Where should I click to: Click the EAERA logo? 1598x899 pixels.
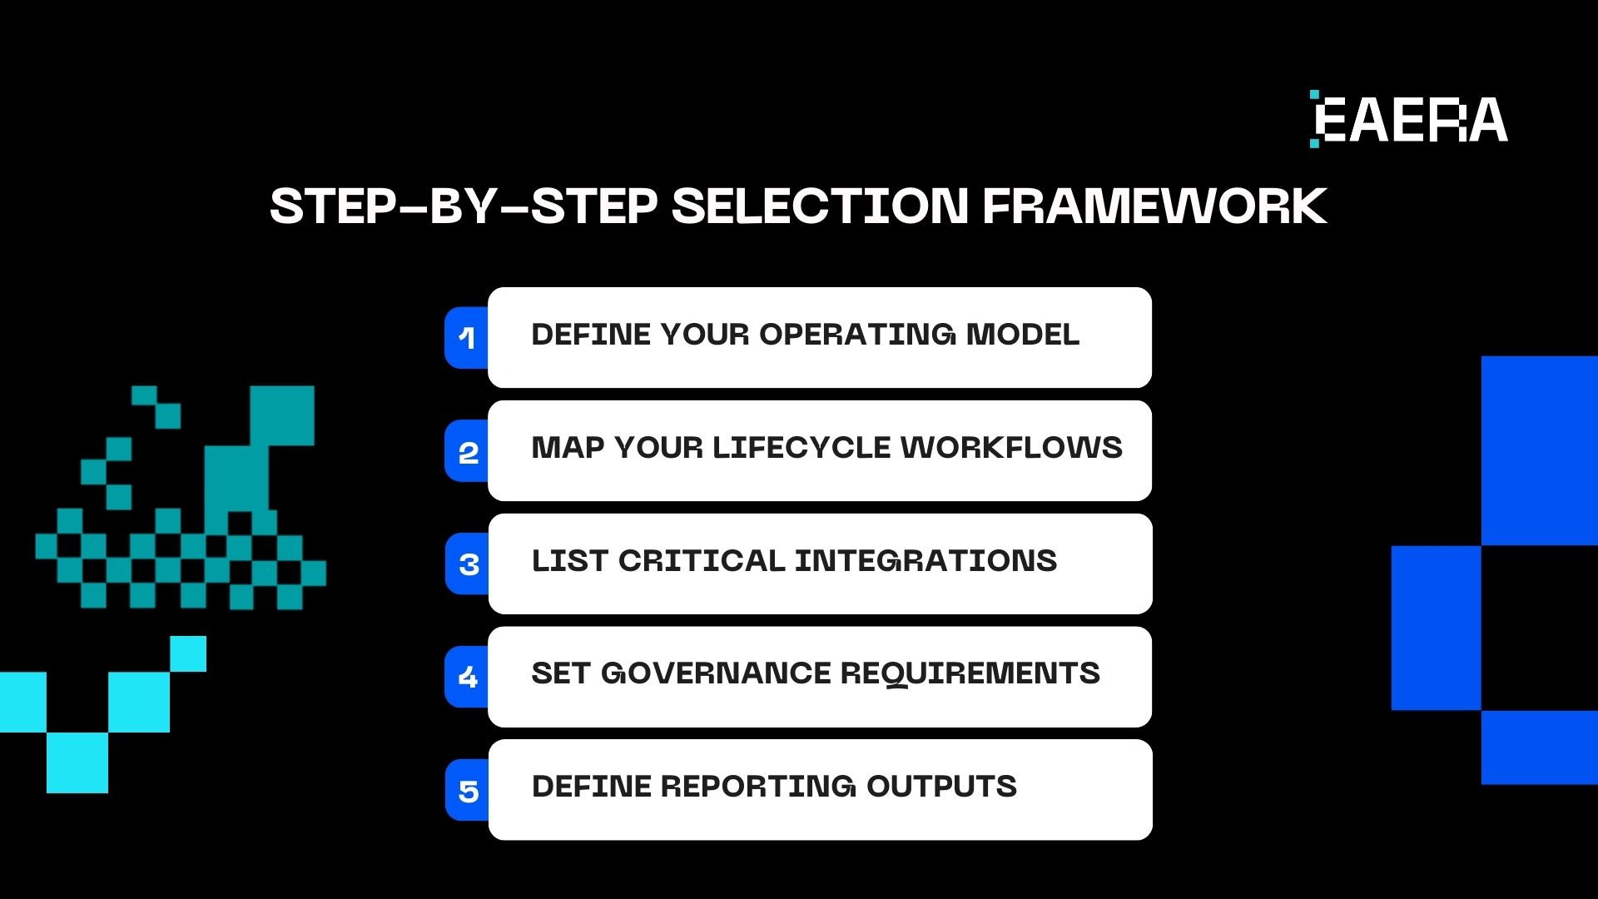[x=1409, y=120]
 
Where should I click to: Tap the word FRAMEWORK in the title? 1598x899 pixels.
[x=1154, y=206]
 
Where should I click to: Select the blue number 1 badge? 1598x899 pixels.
[x=467, y=338]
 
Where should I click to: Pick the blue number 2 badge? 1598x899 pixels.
[x=468, y=452]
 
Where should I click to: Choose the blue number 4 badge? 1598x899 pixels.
[x=468, y=677]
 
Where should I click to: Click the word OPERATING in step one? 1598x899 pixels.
[x=857, y=335]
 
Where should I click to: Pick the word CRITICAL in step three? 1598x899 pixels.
[x=701, y=561]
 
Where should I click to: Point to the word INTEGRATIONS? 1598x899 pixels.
[x=926, y=561]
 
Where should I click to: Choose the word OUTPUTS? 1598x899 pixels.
[x=941, y=787]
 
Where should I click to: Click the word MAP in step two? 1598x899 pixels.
[x=567, y=448]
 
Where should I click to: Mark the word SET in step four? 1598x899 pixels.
[x=560, y=673]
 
